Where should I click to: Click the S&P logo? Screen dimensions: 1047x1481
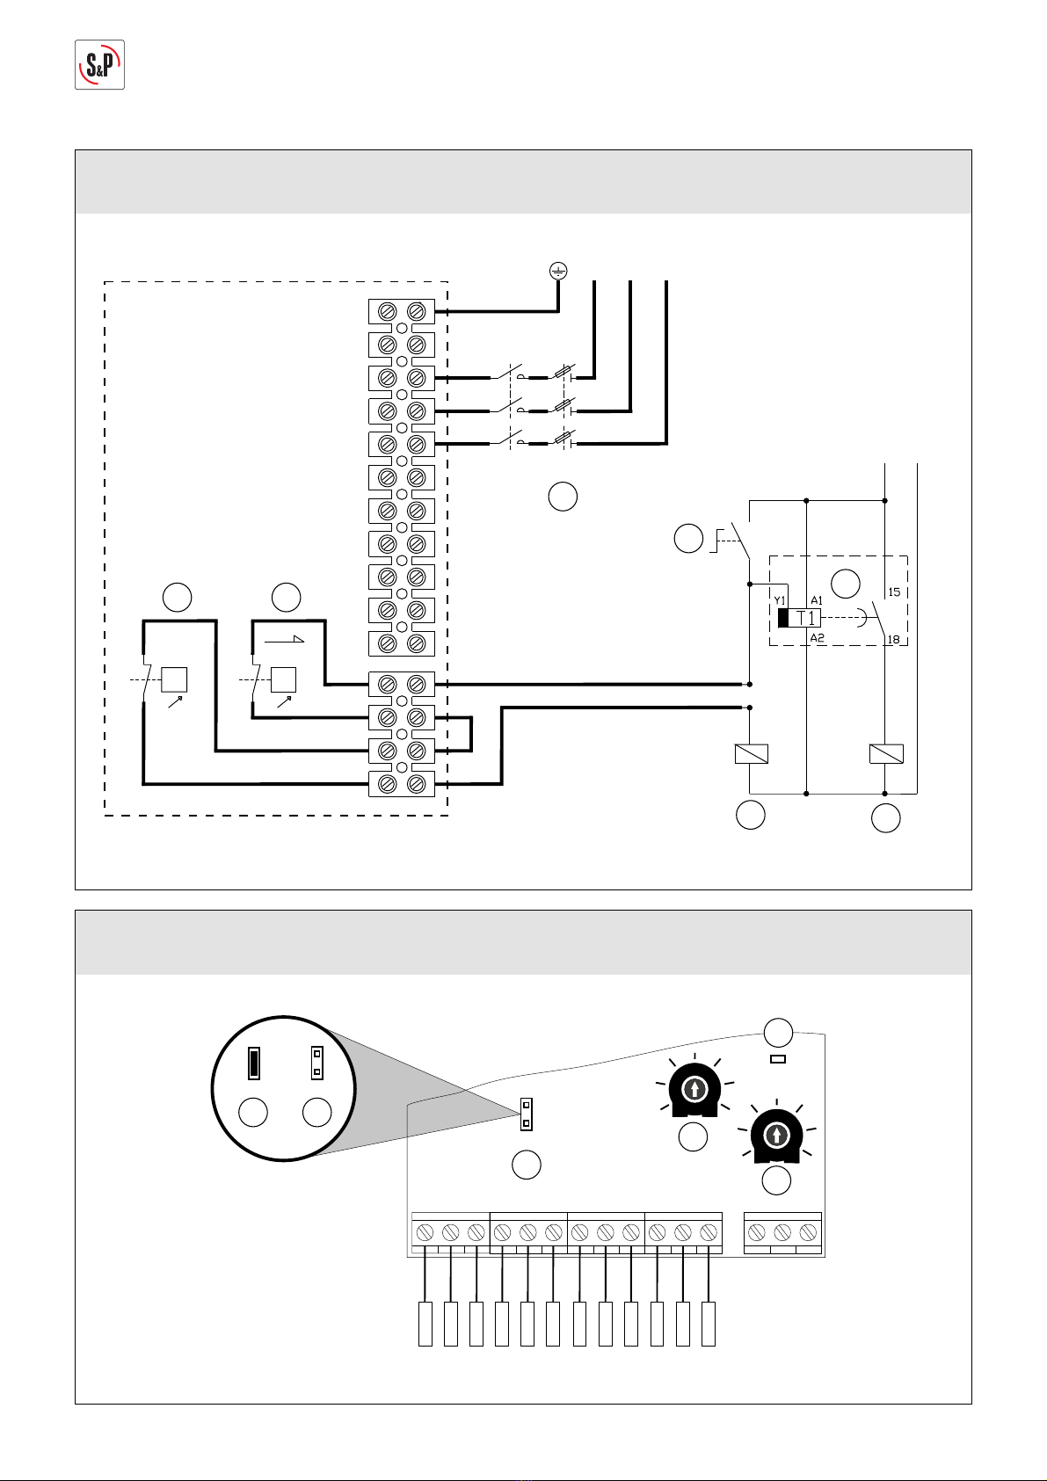99,65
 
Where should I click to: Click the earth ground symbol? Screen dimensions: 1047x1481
558,271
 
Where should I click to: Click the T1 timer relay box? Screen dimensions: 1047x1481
800,618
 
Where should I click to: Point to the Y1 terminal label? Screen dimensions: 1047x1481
780,600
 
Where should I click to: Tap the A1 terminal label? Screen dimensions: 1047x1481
817,600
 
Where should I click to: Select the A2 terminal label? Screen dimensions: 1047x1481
818,637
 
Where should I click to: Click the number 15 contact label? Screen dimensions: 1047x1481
894,592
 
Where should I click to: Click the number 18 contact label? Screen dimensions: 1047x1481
893,639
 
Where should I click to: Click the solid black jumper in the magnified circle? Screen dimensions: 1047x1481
253,1064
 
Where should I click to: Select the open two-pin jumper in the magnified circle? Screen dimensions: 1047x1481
316,1064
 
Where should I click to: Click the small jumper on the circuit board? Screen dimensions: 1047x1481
527,1114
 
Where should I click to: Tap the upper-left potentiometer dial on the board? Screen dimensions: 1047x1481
694,1089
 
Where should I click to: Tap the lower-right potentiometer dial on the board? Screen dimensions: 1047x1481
776,1136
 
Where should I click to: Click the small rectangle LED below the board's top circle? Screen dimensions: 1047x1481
779,1059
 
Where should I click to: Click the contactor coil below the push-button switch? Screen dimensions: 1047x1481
752,754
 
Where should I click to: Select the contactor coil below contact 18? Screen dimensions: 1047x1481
886,754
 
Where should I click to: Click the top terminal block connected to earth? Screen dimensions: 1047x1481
402,311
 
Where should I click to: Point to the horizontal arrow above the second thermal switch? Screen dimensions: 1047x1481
285,640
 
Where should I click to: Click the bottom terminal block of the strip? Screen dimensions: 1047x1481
402,784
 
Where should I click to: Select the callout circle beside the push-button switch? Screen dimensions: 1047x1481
688,538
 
